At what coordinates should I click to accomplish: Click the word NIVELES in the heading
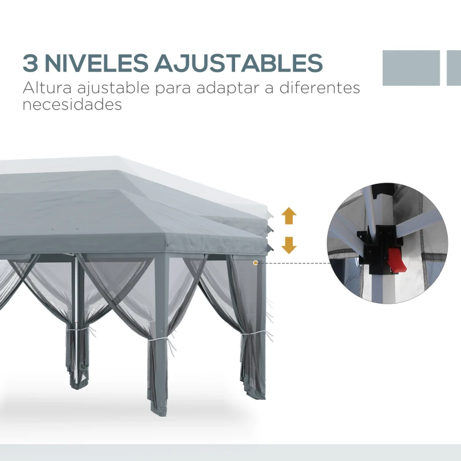(96, 63)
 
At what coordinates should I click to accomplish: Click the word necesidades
(72, 105)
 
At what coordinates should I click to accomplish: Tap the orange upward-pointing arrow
(289, 217)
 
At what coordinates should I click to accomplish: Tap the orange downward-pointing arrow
(289, 245)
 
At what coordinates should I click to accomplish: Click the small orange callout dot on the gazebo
(255, 263)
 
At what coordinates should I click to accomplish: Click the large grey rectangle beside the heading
(411, 68)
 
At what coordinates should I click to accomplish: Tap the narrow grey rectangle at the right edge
(454, 68)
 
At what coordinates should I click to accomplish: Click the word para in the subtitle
(173, 90)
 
